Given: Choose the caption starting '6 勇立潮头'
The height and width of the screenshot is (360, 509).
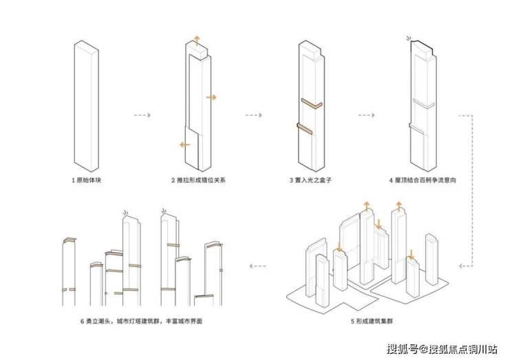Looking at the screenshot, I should pyautogui.click(x=141, y=320).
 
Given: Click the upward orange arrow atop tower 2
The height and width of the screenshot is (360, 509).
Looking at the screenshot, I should pyautogui.click(x=198, y=39).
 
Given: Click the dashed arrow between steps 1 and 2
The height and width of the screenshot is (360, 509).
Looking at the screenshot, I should pyautogui.click(x=142, y=115).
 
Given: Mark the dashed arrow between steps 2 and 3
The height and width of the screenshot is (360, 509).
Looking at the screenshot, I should pyautogui.click(x=252, y=115).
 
